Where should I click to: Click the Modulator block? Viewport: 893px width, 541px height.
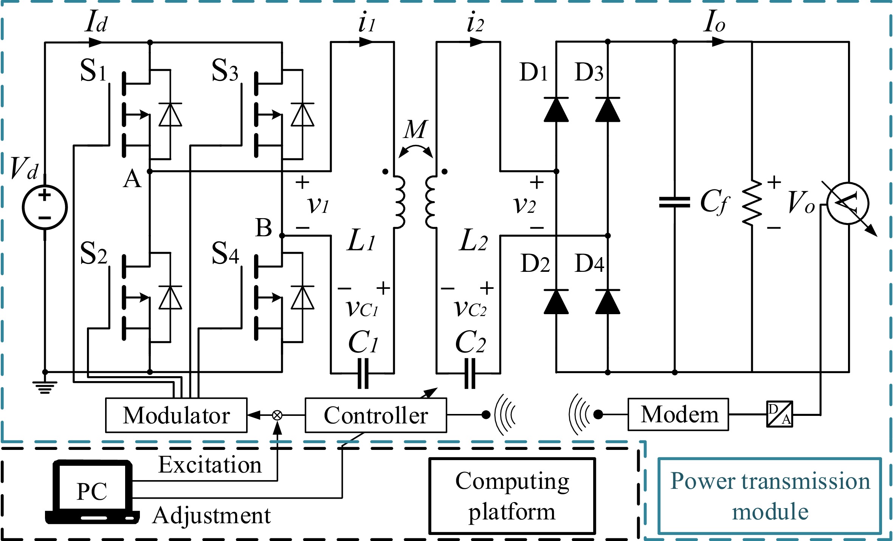[x=176, y=415]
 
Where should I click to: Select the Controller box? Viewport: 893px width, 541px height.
[x=376, y=415]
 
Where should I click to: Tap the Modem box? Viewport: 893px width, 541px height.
[x=678, y=414]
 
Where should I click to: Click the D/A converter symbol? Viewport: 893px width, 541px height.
[x=780, y=414]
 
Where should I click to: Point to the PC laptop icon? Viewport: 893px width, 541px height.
[x=92, y=491]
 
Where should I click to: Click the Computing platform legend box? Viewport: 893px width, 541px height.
[x=512, y=496]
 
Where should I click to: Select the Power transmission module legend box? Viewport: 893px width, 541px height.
[x=770, y=496]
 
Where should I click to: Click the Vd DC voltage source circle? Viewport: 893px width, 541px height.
[x=45, y=207]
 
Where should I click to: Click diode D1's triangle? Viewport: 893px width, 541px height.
[x=556, y=110]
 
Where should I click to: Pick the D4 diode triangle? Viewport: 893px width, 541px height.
[x=608, y=302]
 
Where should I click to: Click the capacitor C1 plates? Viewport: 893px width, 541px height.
[x=363, y=374]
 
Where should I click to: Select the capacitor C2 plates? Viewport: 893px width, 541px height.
[x=470, y=374]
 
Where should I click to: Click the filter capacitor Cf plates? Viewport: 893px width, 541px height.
[x=674, y=202]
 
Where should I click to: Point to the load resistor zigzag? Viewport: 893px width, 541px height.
[x=752, y=203]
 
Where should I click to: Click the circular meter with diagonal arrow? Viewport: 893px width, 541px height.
[x=848, y=203]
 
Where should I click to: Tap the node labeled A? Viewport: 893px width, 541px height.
[x=150, y=171]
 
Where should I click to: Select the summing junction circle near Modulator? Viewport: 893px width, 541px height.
[x=277, y=415]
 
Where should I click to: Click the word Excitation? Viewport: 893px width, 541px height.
[x=210, y=465]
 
